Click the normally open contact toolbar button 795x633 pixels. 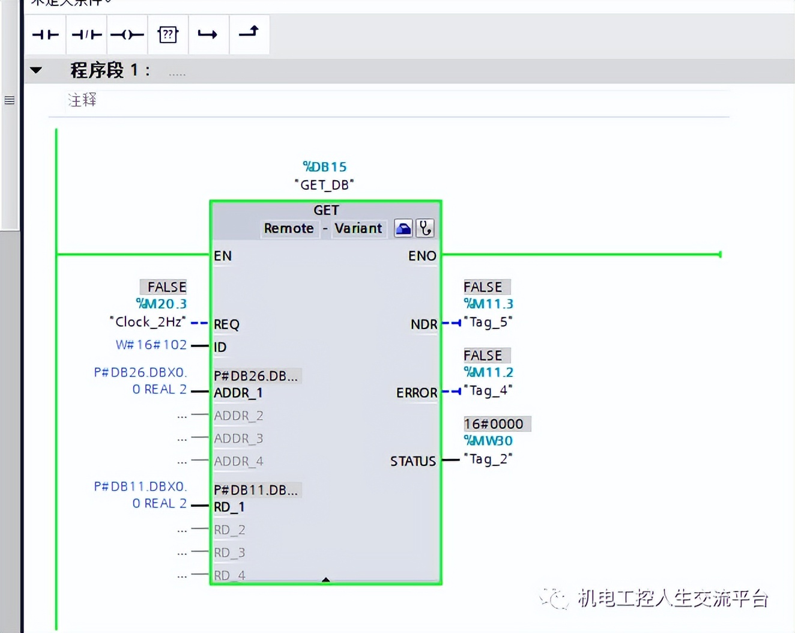tap(46, 35)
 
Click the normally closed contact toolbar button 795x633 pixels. tap(86, 35)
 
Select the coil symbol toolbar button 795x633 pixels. tap(127, 35)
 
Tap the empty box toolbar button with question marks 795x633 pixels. tap(168, 35)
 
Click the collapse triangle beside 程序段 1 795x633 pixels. tap(36, 70)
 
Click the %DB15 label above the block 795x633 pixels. tap(325, 167)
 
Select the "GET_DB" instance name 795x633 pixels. tap(324, 185)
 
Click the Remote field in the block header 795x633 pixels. tap(289, 229)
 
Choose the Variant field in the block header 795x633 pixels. tap(358, 229)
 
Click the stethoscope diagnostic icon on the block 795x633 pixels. tap(425, 228)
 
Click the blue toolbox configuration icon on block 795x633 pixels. tap(404, 228)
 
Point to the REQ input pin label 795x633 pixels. tap(226, 325)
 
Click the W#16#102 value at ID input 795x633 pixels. tap(151, 345)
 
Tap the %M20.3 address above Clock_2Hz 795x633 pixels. tap(162, 304)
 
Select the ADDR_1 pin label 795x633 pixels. tap(238, 393)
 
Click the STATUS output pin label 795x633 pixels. tap(413, 461)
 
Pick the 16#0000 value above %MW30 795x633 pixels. tap(494, 424)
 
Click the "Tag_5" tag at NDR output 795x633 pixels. tap(488, 323)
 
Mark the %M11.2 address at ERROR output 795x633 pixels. tap(488, 372)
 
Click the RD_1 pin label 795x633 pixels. tap(229, 507)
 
